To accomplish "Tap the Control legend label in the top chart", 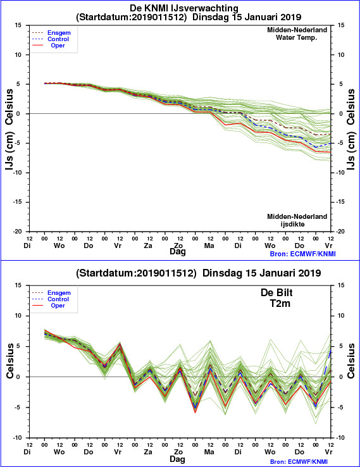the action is (58, 39).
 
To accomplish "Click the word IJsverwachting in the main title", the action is (204, 8).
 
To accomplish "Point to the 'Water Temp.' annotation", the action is (296, 37).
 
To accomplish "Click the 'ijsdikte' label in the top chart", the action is (293, 224).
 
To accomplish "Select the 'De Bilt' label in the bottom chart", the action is (276, 292).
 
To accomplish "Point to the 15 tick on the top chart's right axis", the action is (341, 25).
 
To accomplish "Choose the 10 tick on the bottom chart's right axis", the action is (341, 316).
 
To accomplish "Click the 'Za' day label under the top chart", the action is (148, 246).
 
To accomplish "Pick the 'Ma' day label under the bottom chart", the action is (209, 452).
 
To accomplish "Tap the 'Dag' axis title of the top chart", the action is (178, 252).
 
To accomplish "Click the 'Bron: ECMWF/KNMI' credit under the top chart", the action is (303, 254).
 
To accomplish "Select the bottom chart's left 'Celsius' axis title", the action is (9, 361).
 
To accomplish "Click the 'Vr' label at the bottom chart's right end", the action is (328, 452).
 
